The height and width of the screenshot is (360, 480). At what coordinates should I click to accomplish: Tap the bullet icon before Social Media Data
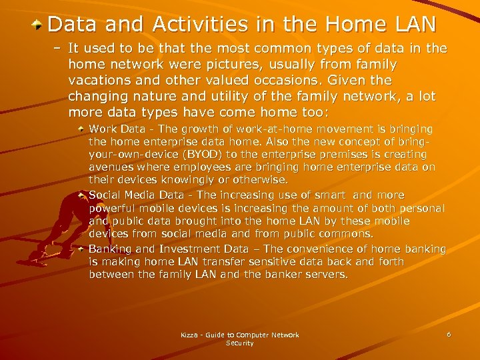pyautogui.click(x=81, y=195)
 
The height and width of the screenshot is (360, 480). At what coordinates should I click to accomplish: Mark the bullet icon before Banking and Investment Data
pyautogui.click(x=81, y=248)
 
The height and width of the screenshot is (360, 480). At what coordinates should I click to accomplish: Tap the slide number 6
pyautogui.click(x=449, y=334)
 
